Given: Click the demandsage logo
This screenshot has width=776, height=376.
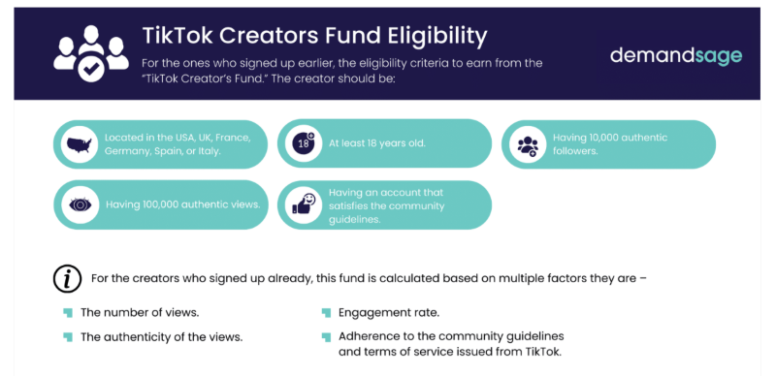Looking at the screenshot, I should [675, 56].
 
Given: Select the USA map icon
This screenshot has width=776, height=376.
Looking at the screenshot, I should [78, 145].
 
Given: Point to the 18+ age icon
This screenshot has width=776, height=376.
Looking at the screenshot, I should [301, 144].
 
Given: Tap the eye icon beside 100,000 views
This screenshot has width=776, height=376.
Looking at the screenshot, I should [78, 204].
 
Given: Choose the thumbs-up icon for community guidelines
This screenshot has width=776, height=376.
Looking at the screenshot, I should [303, 204].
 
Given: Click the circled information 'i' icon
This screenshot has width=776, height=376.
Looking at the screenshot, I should [66, 279].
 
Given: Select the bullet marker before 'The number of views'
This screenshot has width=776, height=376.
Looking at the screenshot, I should [68, 313].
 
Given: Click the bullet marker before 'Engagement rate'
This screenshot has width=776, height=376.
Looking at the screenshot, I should [326, 313].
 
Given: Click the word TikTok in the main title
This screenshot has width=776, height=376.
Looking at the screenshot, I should [175, 36].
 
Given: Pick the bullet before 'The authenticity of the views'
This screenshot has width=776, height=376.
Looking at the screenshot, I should [68, 336].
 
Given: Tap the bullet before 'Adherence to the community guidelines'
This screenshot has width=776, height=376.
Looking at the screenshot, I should [326, 337].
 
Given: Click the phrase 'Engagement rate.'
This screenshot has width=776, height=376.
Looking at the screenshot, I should [381, 313].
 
